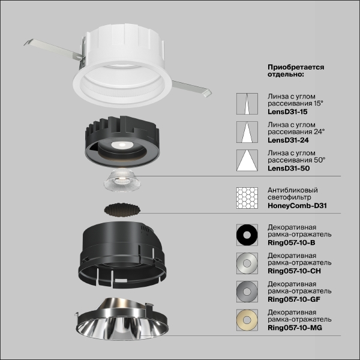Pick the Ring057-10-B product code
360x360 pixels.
click(291, 242)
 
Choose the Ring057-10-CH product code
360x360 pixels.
click(293, 271)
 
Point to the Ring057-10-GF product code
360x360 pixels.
click(293, 298)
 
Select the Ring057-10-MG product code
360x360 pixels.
click(295, 328)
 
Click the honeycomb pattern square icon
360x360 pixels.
click(246, 198)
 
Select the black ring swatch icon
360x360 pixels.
click(246, 235)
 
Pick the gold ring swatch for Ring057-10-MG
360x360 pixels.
click(246, 320)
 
